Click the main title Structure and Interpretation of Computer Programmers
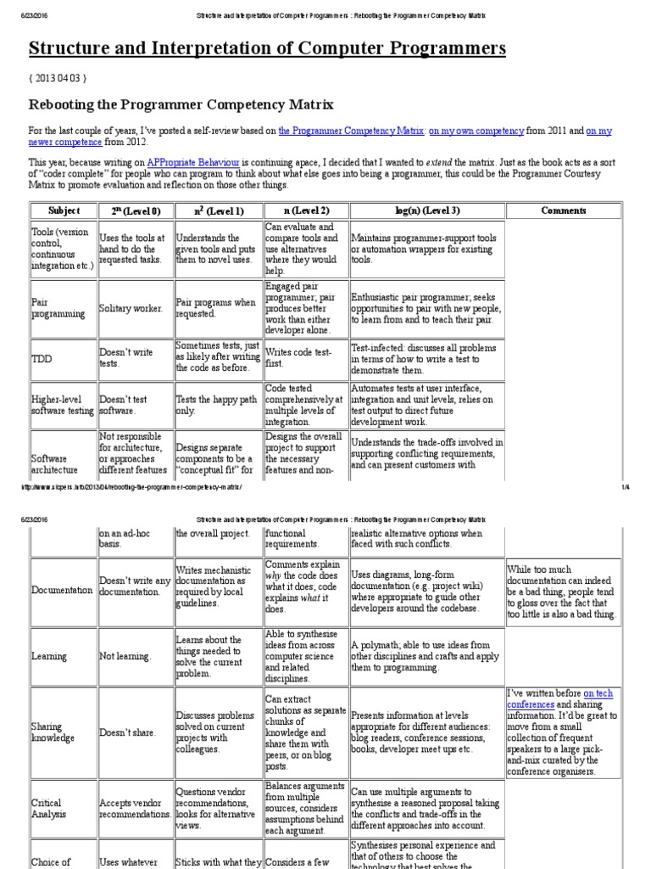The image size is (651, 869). point(267,48)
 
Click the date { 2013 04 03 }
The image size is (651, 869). point(58,78)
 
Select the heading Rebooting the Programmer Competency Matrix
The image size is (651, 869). point(181,104)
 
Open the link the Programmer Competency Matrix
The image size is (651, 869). point(350,131)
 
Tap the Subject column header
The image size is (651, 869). point(64,210)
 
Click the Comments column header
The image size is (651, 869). point(563,210)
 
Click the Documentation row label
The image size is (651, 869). point(62,590)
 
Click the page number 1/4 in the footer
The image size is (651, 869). point(625,487)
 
